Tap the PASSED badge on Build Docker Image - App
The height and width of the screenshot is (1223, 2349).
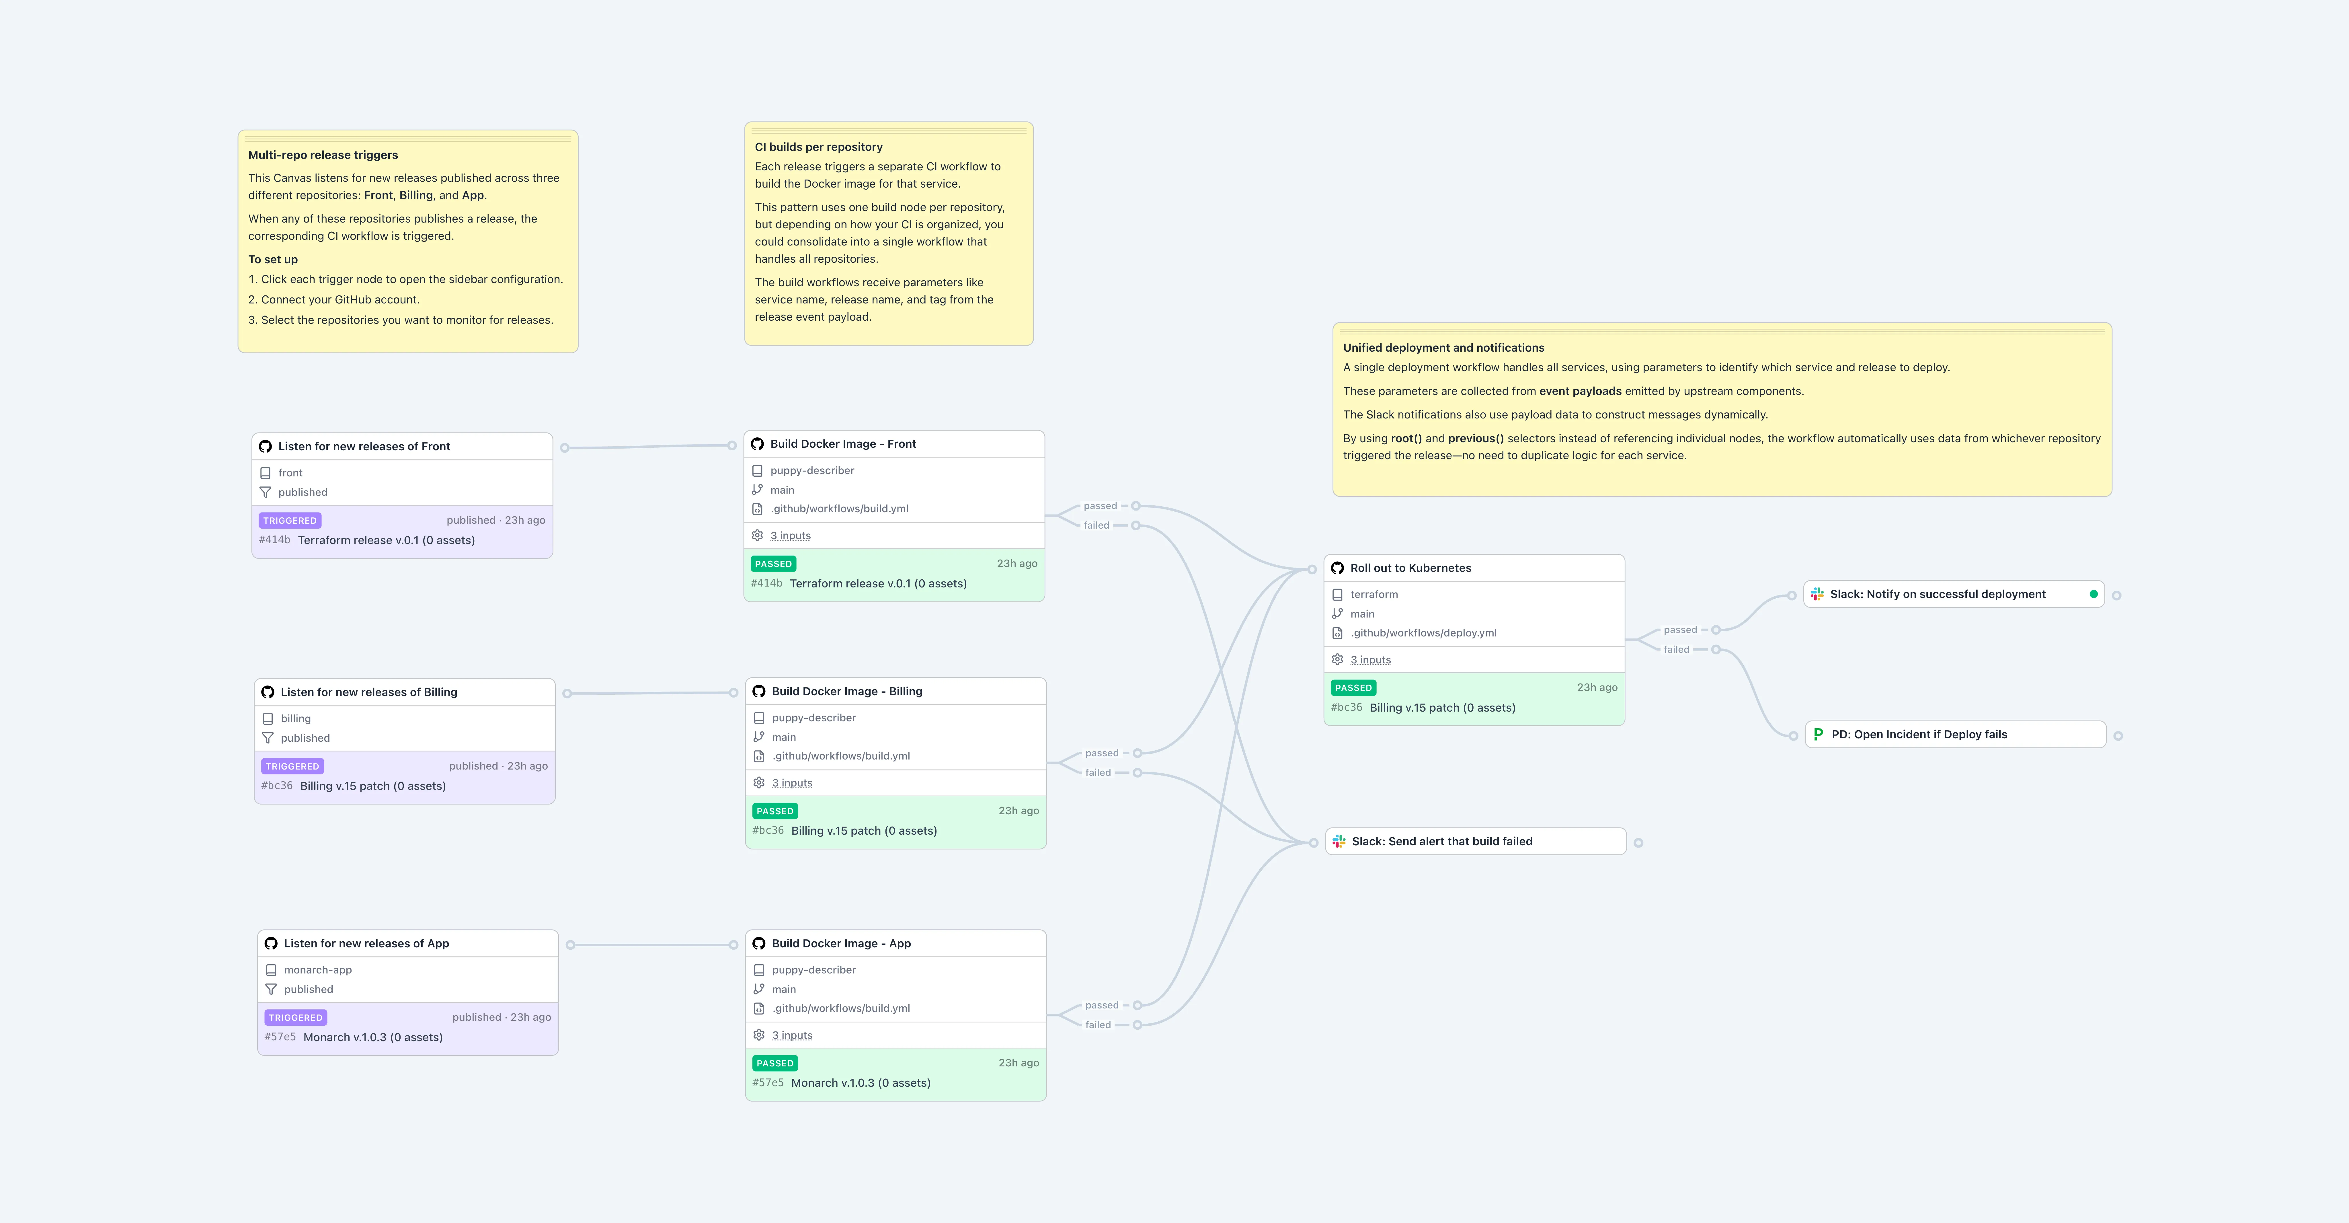click(774, 1064)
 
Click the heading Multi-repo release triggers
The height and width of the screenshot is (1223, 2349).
click(323, 155)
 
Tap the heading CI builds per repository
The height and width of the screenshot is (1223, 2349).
click(818, 147)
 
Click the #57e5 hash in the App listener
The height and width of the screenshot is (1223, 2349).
click(280, 1037)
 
